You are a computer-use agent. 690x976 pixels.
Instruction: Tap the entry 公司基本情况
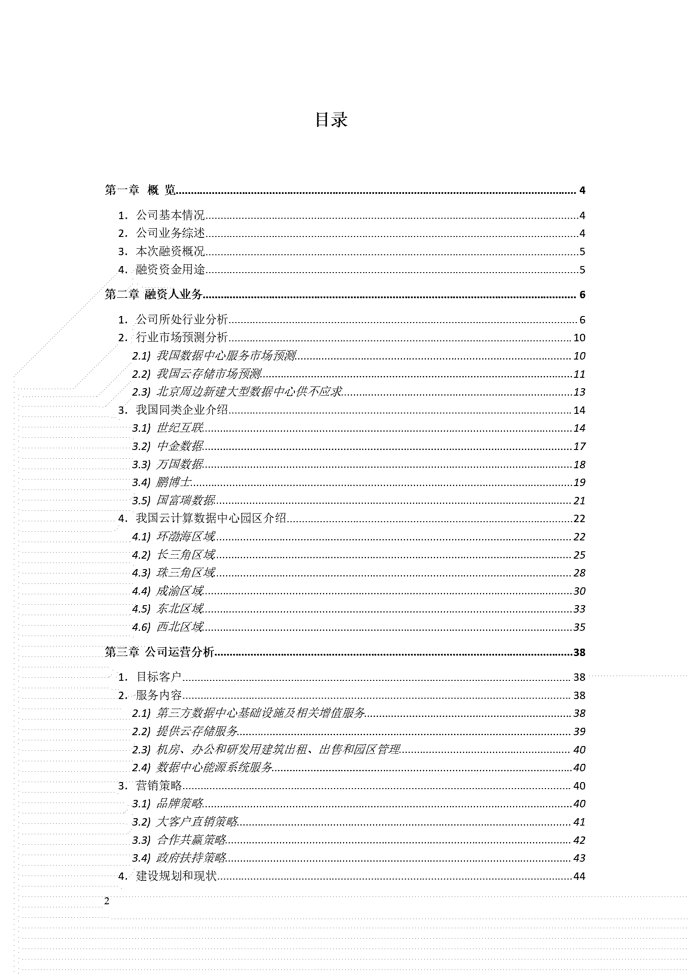(170, 215)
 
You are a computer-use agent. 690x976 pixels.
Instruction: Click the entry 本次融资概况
(170, 251)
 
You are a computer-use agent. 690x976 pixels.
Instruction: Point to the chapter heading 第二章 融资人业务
(154, 295)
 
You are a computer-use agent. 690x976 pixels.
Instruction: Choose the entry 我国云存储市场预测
(209, 374)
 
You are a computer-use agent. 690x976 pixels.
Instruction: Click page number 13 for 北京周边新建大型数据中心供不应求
(579, 392)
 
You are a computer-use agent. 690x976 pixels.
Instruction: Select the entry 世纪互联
(180, 428)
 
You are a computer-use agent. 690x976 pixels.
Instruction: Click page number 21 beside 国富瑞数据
(579, 501)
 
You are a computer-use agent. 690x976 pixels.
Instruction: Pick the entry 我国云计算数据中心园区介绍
(211, 519)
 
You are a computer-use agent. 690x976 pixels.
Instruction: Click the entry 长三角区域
(186, 555)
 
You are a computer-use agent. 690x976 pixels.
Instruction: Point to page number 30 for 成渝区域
(579, 591)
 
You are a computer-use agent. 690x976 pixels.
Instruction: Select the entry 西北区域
(180, 627)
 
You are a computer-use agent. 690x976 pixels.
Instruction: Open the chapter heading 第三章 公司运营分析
(160, 653)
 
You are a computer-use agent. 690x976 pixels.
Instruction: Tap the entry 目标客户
(159, 677)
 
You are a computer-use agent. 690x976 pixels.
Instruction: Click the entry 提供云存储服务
(197, 732)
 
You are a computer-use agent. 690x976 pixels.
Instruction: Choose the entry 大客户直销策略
(197, 822)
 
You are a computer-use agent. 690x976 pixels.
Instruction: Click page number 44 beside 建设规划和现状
(579, 876)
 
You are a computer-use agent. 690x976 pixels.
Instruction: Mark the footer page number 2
(107, 901)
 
